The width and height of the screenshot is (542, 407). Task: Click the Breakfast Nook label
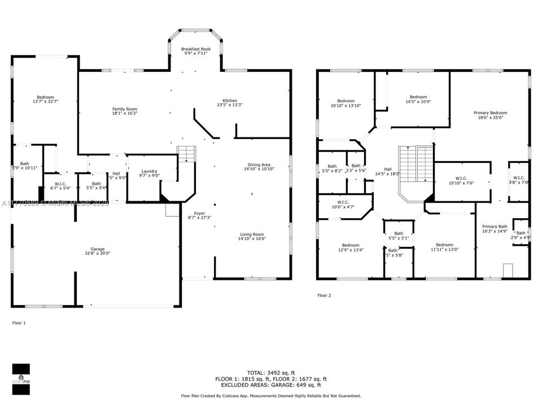point(196,52)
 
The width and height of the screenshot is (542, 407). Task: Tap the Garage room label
point(98,252)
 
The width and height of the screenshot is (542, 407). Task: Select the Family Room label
point(124,111)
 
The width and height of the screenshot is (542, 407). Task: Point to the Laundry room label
point(149,174)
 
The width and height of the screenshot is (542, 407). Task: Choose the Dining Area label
point(259,166)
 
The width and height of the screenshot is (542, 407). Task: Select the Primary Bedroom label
point(490,115)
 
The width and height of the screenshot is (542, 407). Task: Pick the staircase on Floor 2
point(416,164)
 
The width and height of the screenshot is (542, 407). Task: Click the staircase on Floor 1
point(186,154)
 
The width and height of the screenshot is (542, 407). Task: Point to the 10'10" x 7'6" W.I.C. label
point(461,180)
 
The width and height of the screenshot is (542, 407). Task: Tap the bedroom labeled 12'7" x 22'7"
point(46,99)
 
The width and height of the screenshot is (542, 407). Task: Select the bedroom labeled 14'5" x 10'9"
point(418,99)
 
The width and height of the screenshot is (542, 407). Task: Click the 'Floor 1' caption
point(19,323)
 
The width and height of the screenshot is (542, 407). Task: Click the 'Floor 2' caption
point(324,295)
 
